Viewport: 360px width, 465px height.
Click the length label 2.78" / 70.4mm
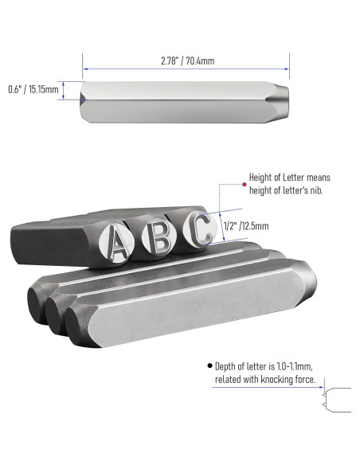(x=187, y=61)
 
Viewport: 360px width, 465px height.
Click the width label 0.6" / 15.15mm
(x=33, y=89)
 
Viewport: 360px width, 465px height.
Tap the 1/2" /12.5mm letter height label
(x=246, y=226)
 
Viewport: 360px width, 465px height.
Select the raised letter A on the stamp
(x=117, y=242)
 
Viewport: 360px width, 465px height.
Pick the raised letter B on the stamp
(x=160, y=236)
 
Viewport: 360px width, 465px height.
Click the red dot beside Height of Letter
(x=245, y=185)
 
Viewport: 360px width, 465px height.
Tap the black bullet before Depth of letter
(x=210, y=365)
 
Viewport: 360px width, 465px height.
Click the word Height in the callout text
(x=260, y=178)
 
